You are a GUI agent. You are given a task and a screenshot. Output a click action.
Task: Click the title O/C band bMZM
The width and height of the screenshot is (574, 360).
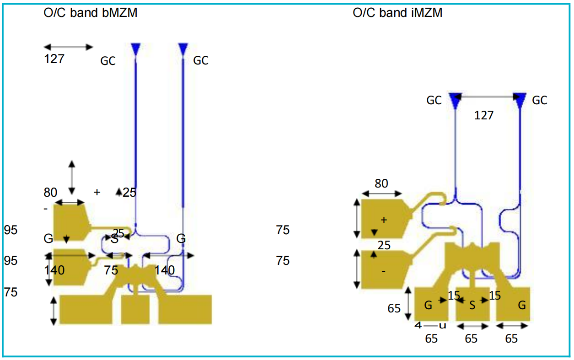click(90, 12)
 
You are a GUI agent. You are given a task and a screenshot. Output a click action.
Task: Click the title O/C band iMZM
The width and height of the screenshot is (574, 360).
click(397, 12)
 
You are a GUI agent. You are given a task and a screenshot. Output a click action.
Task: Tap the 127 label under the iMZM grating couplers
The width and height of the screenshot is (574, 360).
click(484, 115)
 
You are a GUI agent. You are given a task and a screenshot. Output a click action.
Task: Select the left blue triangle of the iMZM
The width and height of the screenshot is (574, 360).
click(455, 100)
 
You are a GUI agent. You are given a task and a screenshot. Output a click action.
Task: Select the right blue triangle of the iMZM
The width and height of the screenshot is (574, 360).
click(520, 100)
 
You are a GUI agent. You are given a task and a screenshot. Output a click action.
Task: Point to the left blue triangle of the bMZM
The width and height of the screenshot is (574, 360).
click(136, 48)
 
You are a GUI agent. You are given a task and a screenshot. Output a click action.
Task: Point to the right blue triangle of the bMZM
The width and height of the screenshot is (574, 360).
click(183, 48)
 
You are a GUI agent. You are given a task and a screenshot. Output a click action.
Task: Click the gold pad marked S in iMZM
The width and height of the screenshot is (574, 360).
click(472, 304)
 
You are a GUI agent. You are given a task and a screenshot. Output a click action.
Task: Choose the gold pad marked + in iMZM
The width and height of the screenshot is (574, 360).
click(382, 219)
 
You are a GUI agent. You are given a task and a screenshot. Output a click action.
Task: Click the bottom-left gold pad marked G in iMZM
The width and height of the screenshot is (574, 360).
click(430, 304)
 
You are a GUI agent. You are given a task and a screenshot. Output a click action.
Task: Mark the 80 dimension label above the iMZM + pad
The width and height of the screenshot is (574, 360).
click(381, 183)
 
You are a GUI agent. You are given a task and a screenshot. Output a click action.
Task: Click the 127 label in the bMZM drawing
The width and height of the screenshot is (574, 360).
click(54, 59)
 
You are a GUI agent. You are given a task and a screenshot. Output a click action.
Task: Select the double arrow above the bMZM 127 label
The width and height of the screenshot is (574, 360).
click(69, 47)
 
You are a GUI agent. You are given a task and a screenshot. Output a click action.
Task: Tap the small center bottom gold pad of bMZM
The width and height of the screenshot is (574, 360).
click(135, 309)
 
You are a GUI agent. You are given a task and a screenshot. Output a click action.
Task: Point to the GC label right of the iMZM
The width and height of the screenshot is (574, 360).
click(540, 100)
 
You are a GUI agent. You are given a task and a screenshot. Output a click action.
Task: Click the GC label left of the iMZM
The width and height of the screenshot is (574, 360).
click(434, 100)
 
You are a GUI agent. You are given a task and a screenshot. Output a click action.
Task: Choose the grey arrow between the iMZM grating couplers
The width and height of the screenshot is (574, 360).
click(488, 97)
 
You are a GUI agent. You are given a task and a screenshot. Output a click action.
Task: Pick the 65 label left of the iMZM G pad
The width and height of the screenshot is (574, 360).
click(394, 308)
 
